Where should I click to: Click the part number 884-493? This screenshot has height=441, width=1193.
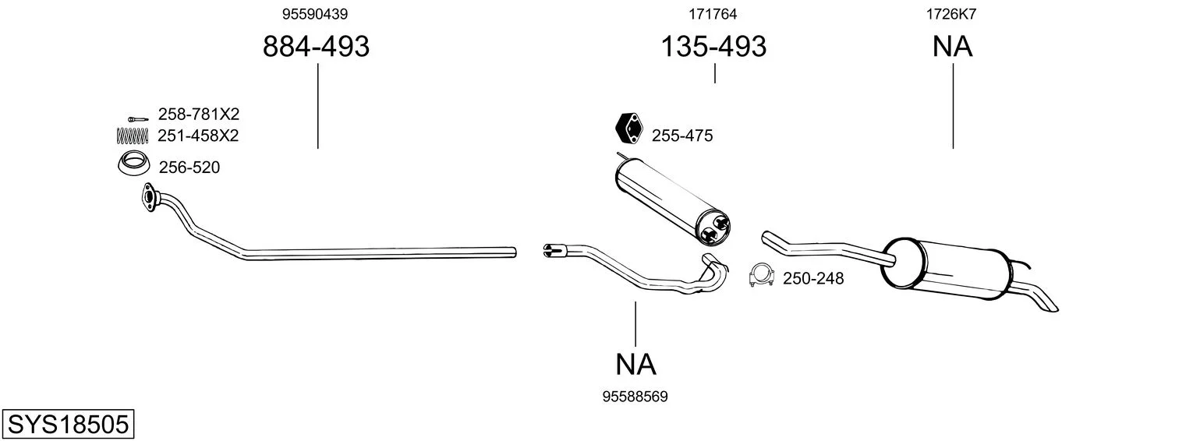[316, 46]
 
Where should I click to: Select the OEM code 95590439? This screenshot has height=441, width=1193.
[315, 14]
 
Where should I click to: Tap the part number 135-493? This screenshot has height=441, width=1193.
[713, 46]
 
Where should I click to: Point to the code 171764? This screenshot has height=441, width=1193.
[713, 14]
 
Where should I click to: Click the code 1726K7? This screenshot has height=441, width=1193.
[951, 14]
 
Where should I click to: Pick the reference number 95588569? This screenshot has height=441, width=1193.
[635, 397]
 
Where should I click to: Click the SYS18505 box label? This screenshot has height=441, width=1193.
[68, 425]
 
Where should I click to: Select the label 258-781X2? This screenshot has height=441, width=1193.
[199, 115]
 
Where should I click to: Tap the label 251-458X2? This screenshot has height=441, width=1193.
[198, 136]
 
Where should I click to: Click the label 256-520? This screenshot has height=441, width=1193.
[189, 168]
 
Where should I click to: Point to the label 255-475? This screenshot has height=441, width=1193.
[682, 136]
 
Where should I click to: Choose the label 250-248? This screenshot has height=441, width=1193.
[813, 278]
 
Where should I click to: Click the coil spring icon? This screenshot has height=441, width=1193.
[132, 136]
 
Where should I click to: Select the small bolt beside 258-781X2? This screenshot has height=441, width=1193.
[138, 118]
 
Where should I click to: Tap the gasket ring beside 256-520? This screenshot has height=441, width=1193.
[133, 164]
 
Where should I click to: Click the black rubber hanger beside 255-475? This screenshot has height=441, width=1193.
[628, 129]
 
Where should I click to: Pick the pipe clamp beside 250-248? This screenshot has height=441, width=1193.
[762, 276]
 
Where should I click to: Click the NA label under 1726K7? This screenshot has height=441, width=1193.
[952, 46]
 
